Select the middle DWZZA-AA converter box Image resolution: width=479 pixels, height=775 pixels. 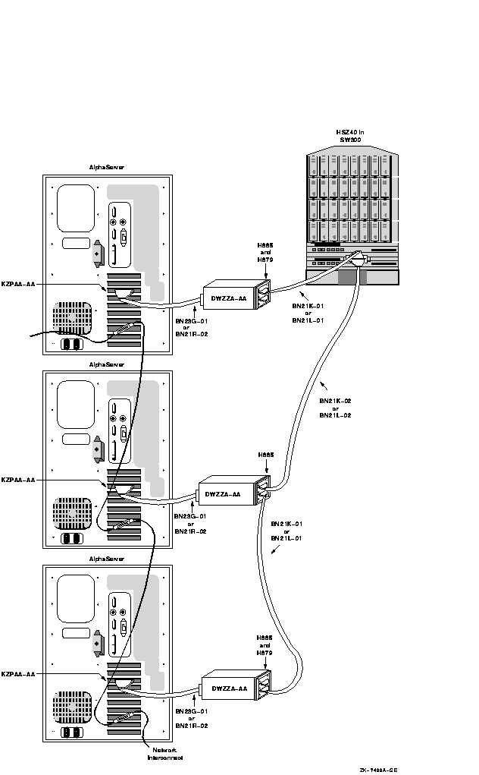tap(225, 494)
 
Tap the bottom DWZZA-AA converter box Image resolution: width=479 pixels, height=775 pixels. tap(228, 688)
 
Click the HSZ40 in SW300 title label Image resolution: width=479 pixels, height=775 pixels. tap(350, 136)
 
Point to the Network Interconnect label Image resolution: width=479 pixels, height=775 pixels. tap(165, 752)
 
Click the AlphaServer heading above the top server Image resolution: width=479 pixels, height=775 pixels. tap(107, 167)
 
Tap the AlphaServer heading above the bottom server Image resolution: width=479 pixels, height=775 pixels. tap(107, 559)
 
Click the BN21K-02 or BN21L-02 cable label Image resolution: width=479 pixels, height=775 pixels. tap(335, 408)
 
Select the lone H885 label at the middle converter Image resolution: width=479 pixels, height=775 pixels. tap(265, 455)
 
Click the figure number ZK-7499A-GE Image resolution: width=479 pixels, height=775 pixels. tap(378, 769)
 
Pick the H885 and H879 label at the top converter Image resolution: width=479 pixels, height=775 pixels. tap(265, 252)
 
